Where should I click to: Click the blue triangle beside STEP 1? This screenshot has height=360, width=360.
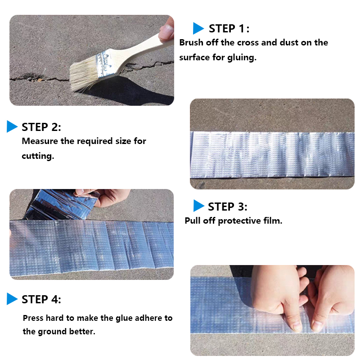[198, 28]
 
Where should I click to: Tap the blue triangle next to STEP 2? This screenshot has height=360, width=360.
[12, 126]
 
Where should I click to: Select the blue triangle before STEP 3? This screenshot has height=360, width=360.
[198, 206]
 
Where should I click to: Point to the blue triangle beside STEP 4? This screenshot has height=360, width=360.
[12, 299]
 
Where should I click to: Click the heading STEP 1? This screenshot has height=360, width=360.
[229, 29]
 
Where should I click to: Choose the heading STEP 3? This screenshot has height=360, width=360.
[228, 207]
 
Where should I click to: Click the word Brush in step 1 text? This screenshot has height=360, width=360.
[191, 42]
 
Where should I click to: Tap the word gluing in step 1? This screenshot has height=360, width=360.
[242, 58]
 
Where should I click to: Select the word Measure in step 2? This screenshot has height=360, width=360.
[40, 141]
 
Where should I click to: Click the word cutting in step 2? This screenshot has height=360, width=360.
[38, 156]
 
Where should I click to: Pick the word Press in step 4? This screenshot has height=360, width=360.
[33, 318]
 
